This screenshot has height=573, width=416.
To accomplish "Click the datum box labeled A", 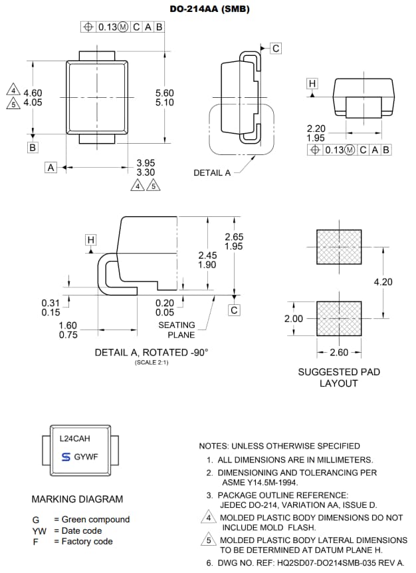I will (51, 168).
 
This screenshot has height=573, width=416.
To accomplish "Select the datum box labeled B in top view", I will (33, 147).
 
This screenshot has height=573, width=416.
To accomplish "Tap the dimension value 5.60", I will (164, 93).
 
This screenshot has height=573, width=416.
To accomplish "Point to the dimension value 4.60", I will (33, 93).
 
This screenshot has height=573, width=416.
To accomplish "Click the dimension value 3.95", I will (146, 163).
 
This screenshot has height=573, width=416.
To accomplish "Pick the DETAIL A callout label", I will (212, 173).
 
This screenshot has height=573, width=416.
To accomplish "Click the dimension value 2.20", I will (316, 128).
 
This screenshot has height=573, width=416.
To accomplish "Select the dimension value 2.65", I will (234, 237).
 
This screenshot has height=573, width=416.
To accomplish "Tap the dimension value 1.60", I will (68, 325).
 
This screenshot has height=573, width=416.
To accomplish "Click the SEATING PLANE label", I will (177, 329).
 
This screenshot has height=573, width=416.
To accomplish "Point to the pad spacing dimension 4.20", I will (383, 282).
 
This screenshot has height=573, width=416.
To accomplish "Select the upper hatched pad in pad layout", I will (339, 248).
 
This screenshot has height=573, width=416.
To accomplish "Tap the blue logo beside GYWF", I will (65, 457).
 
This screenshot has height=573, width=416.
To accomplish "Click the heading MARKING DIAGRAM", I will (77, 499).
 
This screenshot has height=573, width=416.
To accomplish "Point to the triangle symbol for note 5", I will (209, 540).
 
